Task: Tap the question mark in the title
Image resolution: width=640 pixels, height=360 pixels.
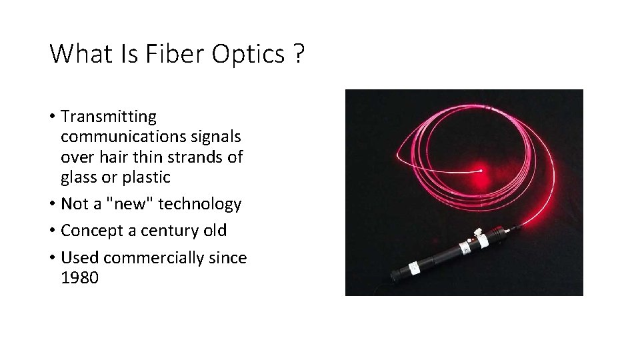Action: tap(297, 54)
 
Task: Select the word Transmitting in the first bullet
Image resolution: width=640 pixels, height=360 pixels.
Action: tap(109, 117)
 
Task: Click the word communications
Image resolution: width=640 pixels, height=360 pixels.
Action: tap(127, 137)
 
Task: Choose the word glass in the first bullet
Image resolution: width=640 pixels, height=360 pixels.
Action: tap(78, 177)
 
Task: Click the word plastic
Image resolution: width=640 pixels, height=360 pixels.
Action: tap(146, 177)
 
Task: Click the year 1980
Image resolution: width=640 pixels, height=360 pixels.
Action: tap(79, 277)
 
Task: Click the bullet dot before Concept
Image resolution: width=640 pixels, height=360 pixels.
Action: tap(52, 231)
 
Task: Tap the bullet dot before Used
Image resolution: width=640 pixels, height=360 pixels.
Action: tap(52, 258)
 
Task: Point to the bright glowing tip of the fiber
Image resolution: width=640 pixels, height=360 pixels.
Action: tap(480, 171)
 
